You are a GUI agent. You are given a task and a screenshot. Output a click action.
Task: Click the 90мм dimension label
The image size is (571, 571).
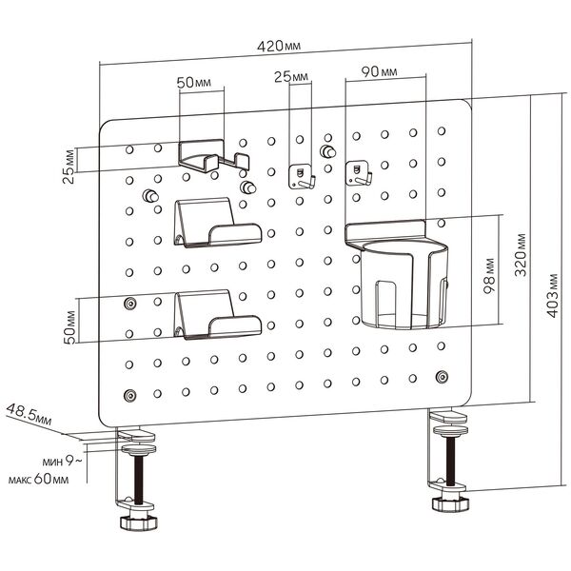pos(379,72)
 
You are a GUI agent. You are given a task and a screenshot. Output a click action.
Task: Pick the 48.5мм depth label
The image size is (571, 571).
pos(30,416)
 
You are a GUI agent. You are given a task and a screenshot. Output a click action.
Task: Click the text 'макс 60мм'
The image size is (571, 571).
pos(45,479)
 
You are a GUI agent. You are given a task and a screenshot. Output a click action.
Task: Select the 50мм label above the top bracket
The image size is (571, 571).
pos(194,83)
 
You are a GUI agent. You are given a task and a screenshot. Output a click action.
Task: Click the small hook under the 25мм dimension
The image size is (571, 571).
pos(301,176)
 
